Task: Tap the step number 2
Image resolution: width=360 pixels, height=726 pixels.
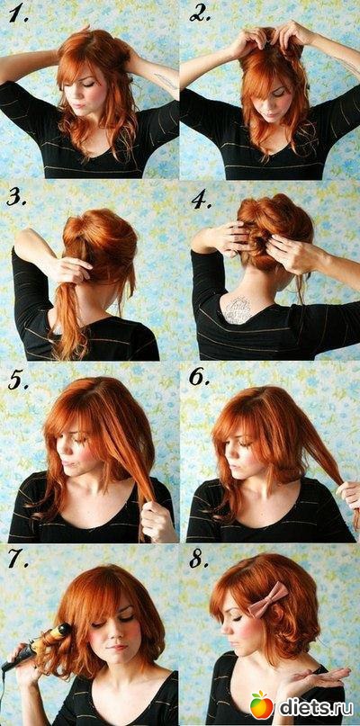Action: click(x=200, y=14)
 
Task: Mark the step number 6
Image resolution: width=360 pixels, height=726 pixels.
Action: click(x=200, y=377)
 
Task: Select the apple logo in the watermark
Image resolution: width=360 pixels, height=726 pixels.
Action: click(x=262, y=704)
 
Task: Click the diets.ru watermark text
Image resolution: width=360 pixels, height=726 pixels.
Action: click(x=316, y=706)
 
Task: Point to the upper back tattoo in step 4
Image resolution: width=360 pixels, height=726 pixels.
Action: click(x=237, y=308)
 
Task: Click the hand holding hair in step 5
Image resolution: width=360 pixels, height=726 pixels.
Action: click(x=157, y=519)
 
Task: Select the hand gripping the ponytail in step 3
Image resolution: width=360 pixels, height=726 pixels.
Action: click(x=70, y=269)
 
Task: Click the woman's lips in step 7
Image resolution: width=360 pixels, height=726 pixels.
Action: click(x=118, y=648)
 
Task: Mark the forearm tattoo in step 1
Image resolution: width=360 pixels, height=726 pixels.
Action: click(x=166, y=81)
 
